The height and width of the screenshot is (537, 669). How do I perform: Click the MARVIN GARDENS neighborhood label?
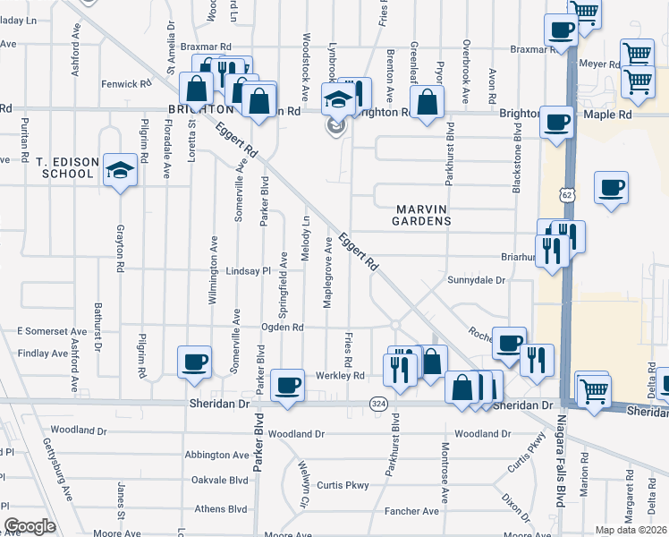[419, 214]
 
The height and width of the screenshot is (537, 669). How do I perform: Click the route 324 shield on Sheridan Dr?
[378, 405]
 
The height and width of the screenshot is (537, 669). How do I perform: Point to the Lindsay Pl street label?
[247, 270]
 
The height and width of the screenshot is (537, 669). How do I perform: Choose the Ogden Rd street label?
[283, 328]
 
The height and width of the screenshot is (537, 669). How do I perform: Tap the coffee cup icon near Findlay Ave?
[194, 362]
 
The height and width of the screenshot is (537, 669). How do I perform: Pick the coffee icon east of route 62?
[612, 187]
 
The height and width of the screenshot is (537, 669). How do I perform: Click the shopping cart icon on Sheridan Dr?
[593, 388]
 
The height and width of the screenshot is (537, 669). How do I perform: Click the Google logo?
[30, 526]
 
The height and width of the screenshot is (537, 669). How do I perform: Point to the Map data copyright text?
[631, 530]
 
